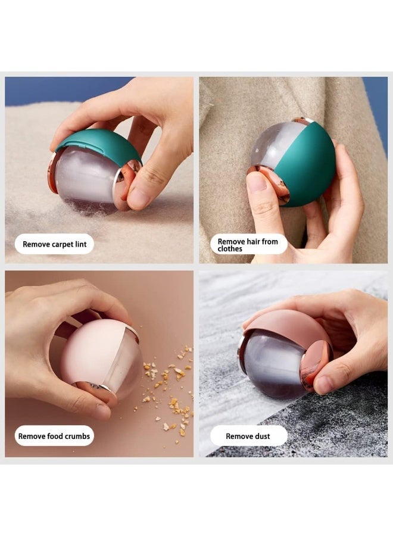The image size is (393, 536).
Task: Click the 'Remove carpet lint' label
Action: [54, 244]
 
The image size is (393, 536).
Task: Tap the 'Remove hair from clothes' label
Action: [248, 245]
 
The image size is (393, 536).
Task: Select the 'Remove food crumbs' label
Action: [54, 436]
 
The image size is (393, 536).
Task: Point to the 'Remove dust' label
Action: [248, 436]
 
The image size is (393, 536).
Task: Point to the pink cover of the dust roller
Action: [286, 325]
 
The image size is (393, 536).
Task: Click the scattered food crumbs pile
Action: [170, 387]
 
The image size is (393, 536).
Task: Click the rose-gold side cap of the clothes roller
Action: [271, 182]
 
